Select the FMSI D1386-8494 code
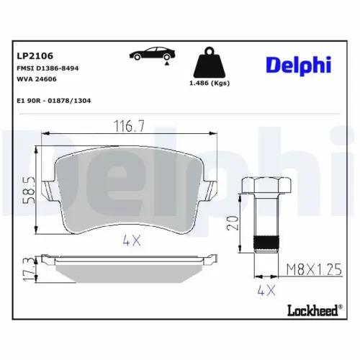(x=48, y=67)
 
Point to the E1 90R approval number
(x=53, y=100)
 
